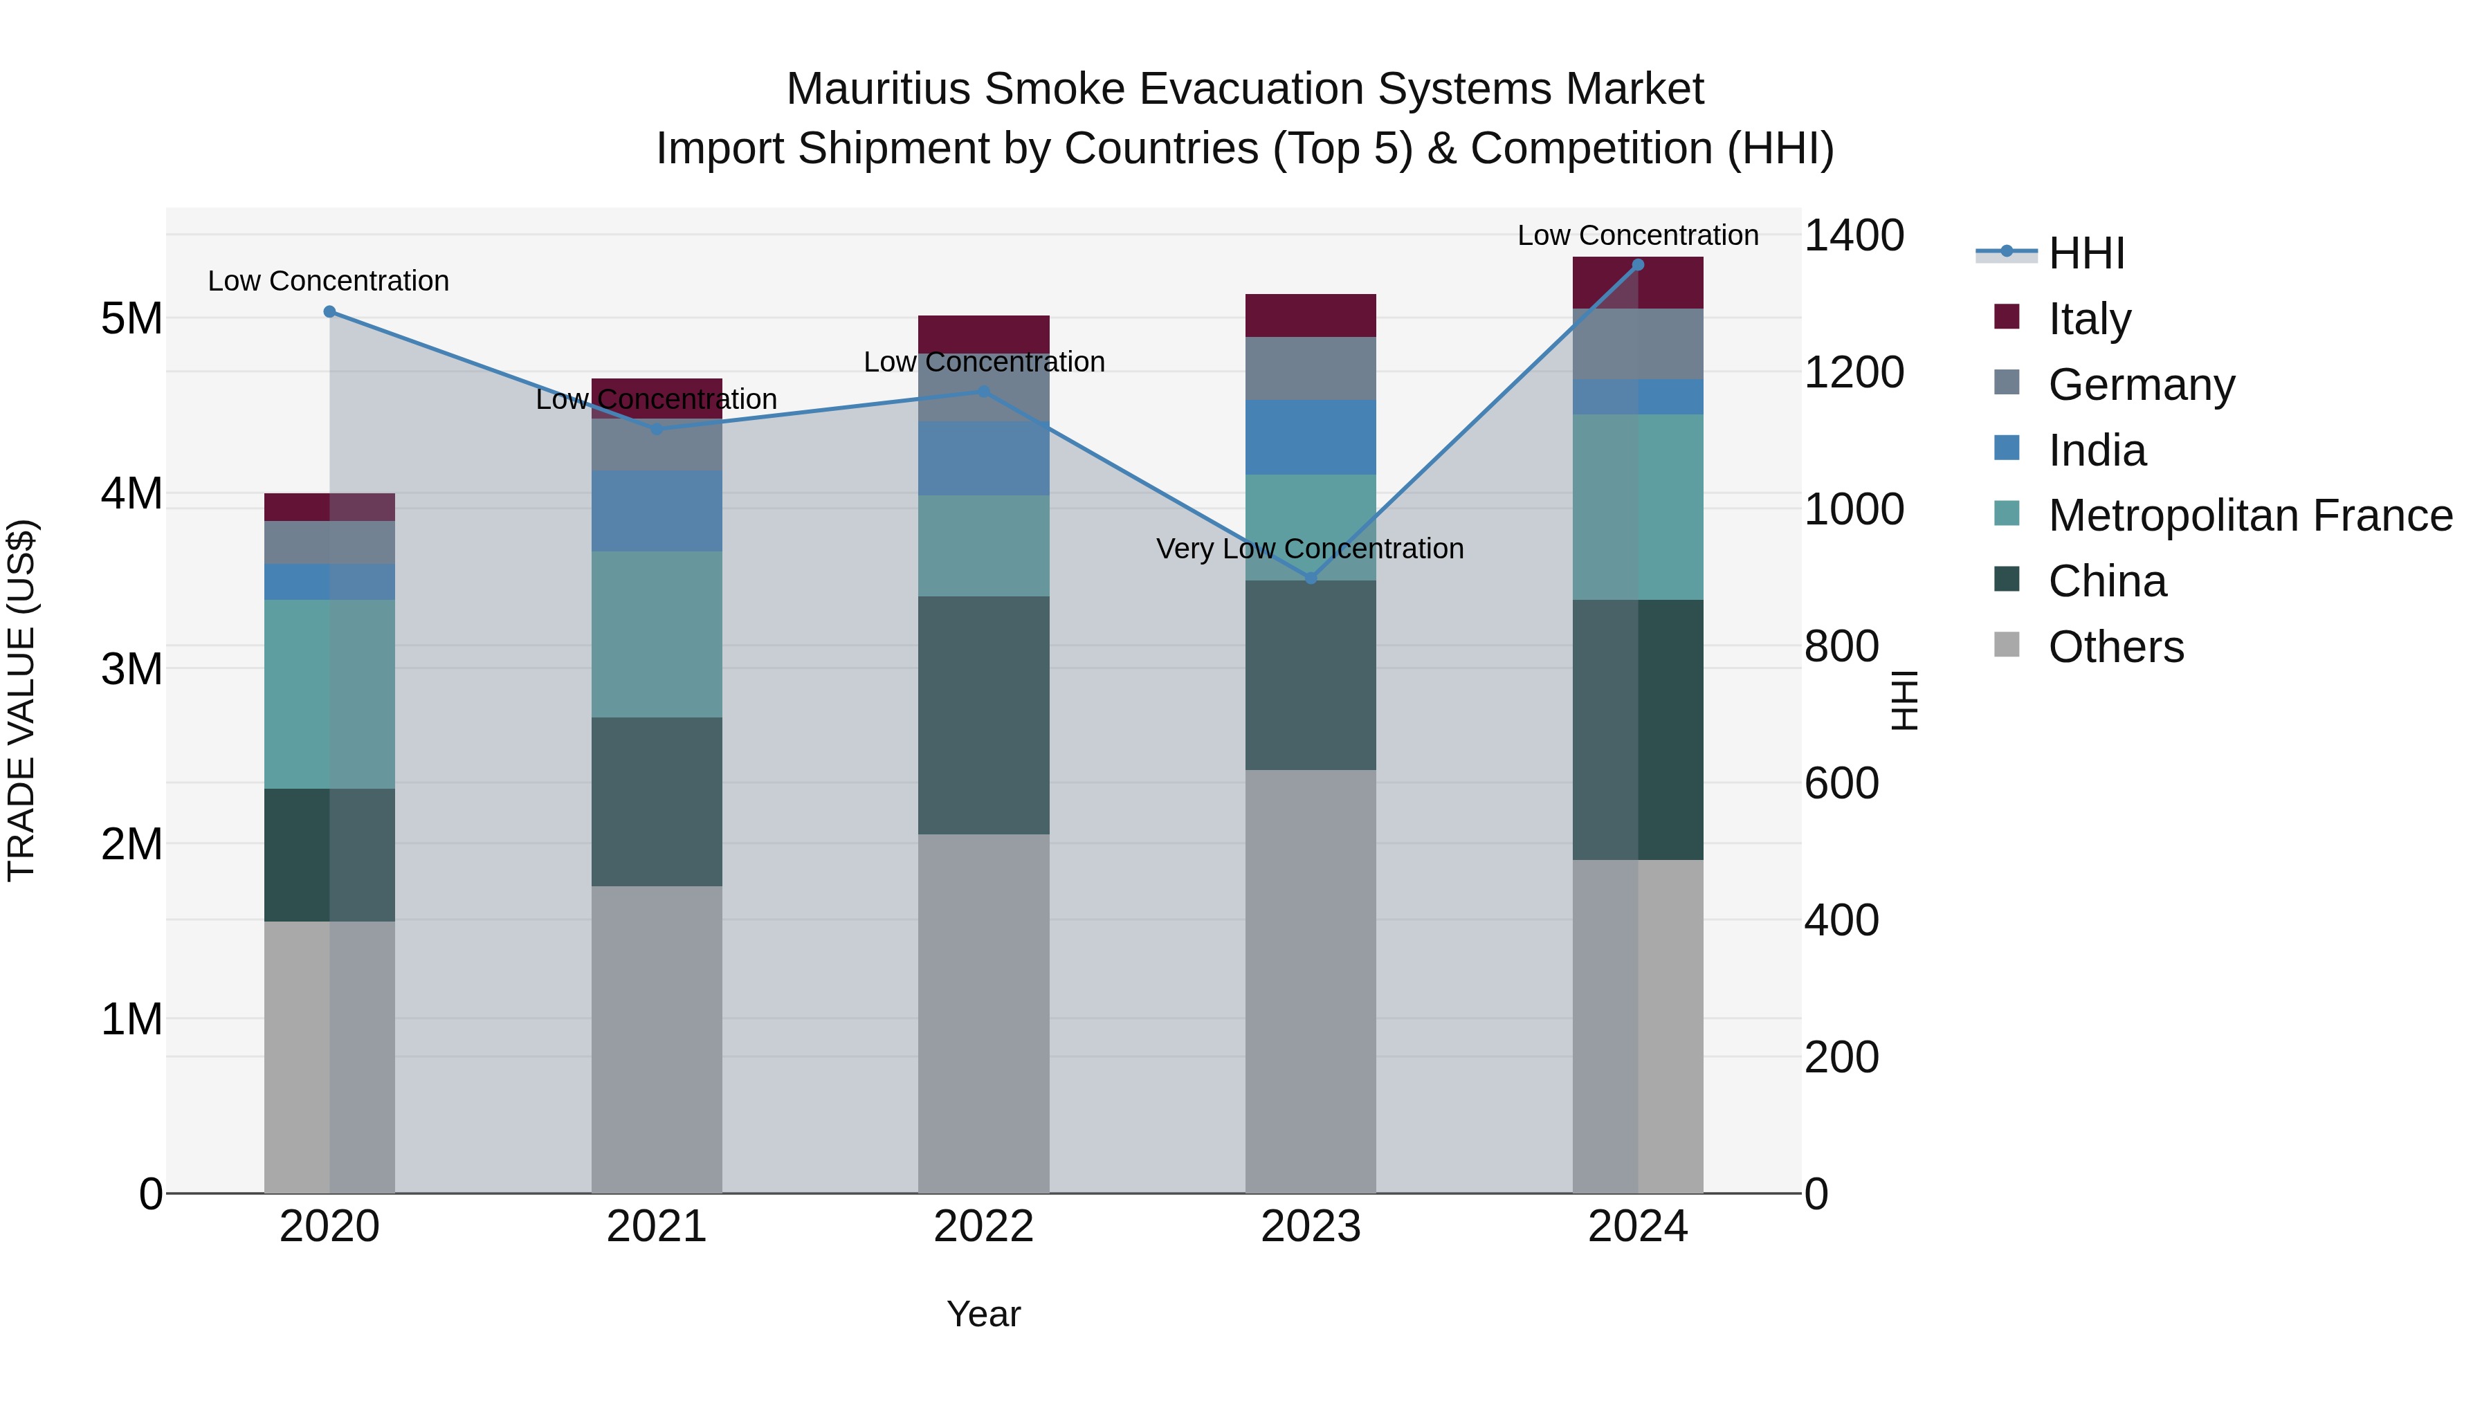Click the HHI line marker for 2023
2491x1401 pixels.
1311,578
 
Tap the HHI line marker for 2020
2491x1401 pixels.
330,311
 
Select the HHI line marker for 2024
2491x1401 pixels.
1637,264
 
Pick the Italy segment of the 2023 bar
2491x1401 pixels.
1311,315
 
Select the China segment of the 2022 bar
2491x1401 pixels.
983,715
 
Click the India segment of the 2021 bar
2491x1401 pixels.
657,511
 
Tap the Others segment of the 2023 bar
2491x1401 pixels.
1311,980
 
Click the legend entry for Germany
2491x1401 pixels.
2141,385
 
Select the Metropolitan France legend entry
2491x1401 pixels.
2250,515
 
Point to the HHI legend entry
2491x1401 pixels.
2086,253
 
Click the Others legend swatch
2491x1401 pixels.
2007,645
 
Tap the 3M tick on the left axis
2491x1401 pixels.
131,669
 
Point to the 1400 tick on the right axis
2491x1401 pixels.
1853,235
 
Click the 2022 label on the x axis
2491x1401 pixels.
983,1227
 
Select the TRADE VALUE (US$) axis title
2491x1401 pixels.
22,700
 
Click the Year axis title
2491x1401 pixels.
983,1314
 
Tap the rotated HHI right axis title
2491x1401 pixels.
1903,700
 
